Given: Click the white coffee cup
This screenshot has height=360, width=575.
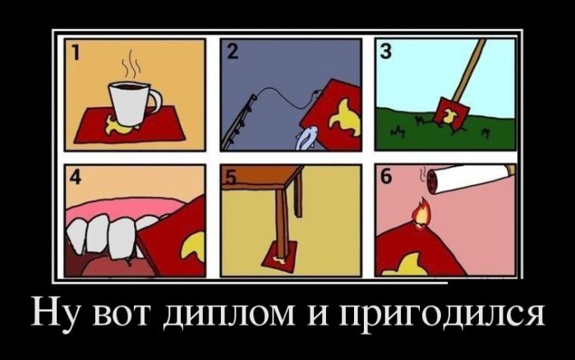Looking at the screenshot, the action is tap(133, 104).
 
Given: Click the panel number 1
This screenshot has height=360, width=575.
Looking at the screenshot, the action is tap(75, 52).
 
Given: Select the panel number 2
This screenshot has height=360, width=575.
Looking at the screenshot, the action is tap(232, 52).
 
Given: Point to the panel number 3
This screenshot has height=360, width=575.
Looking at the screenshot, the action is tap(385, 52).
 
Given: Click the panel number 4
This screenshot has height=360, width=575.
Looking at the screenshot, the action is tap(76, 178).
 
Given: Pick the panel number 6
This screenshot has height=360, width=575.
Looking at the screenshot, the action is tap(386, 178).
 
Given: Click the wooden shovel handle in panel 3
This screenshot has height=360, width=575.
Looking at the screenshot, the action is tap(469, 69).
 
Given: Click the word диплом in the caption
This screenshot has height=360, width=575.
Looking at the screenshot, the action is tap(228, 314).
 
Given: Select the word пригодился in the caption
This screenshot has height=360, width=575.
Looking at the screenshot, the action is tap(441, 316).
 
